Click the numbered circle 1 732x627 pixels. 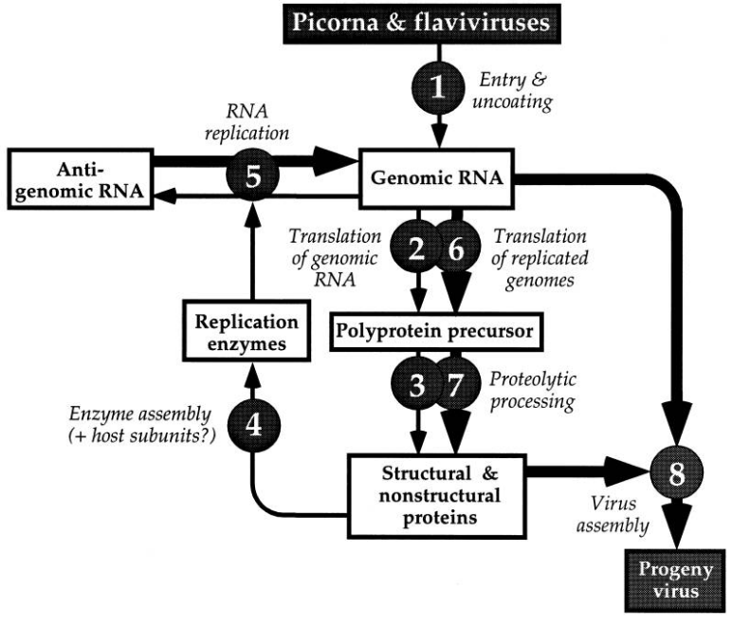pyautogui.click(x=438, y=87)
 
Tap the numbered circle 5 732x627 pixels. pyautogui.click(x=252, y=175)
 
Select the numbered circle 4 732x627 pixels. pyautogui.click(x=254, y=425)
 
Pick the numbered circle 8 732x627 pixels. pyautogui.click(x=676, y=472)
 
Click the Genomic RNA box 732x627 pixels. pyautogui.click(x=436, y=178)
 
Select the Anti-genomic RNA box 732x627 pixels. pyautogui.click(x=81, y=178)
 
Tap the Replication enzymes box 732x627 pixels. pyautogui.click(x=247, y=331)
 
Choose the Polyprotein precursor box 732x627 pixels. pyautogui.click(x=436, y=332)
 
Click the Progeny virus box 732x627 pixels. pyautogui.click(x=675, y=581)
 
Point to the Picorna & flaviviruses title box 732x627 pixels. pyautogui.click(x=422, y=24)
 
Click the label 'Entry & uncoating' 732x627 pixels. pyautogui.click(x=513, y=90)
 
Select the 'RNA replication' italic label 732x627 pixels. pyautogui.click(x=247, y=122)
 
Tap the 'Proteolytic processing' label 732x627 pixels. pyautogui.click(x=533, y=391)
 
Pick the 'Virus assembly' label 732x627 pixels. pyautogui.click(x=613, y=515)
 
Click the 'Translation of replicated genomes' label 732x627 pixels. pyautogui.click(x=540, y=258)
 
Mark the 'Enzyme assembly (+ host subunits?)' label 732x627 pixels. pyautogui.click(x=142, y=424)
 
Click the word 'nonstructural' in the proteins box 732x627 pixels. pyautogui.click(x=439, y=496)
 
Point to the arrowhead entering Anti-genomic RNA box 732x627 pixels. pyautogui.click(x=165, y=196)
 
